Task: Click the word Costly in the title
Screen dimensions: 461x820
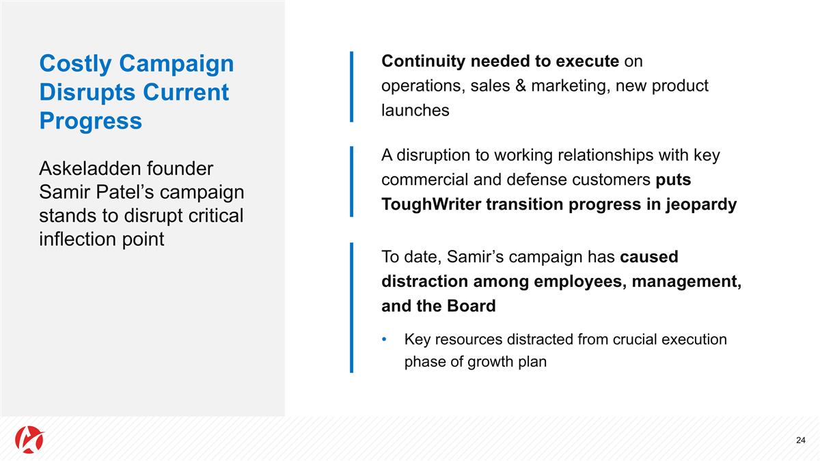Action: tap(75, 64)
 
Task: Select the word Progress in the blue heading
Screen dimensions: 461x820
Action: tap(90, 121)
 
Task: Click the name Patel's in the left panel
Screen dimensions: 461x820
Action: tap(120, 193)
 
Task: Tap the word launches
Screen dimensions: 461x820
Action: tap(415, 111)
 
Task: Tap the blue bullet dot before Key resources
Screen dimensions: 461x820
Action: tap(385, 339)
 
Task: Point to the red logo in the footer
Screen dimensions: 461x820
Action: tap(29, 438)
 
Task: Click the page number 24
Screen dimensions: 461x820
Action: tap(801, 440)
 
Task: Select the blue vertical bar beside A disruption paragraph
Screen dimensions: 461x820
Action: tap(351, 180)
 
